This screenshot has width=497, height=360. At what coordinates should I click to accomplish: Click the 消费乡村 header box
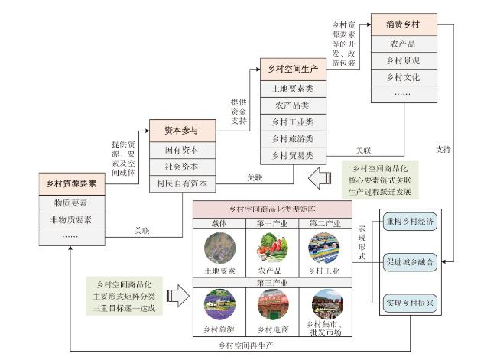coord(404,24)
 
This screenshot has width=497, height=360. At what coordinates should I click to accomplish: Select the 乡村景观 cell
coord(404,60)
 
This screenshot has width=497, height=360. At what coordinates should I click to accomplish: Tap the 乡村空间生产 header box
coord(293,69)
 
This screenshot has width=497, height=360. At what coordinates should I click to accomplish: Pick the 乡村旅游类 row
coord(293,139)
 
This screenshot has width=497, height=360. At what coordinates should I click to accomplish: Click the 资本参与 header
coord(182,131)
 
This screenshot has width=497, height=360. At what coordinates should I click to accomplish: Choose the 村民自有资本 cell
coord(182,183)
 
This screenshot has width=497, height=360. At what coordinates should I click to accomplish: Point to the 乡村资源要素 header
coord(72,183)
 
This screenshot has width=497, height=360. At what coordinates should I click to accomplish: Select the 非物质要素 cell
coord(72,220)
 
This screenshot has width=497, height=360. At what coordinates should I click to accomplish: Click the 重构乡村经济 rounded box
coord(410,222)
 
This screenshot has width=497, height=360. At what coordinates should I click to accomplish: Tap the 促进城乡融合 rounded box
coord(410,262)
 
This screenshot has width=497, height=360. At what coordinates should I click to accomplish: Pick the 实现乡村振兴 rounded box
coord(410,303)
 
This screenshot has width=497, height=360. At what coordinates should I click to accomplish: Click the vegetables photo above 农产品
coord(272,248)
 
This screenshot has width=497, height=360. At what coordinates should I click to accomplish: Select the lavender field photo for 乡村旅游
coord(219,304)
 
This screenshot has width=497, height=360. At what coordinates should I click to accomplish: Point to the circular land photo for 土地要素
coord(219,248)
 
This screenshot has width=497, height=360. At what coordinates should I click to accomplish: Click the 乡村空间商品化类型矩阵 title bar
coord(272,209)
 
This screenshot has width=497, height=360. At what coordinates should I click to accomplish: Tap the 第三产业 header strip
coord(272,282)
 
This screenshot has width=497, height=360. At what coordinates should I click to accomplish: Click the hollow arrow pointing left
coord(320,178)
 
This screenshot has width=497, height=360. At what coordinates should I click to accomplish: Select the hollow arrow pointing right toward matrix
coord(178,296)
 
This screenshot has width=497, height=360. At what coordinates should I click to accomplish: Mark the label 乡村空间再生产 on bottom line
coord(245,345)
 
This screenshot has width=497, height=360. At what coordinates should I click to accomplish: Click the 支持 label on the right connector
coord(443,149)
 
